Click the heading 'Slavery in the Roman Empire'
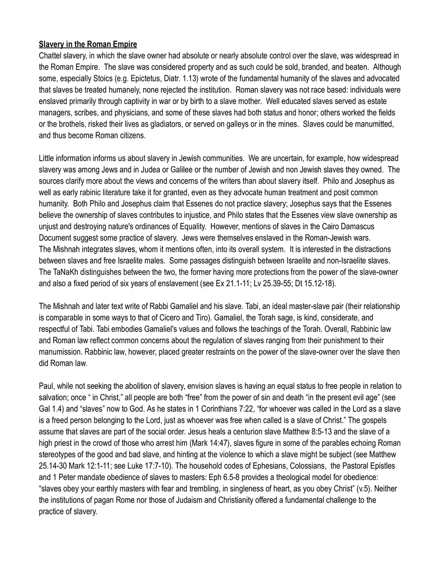click(x=88, y=45)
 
